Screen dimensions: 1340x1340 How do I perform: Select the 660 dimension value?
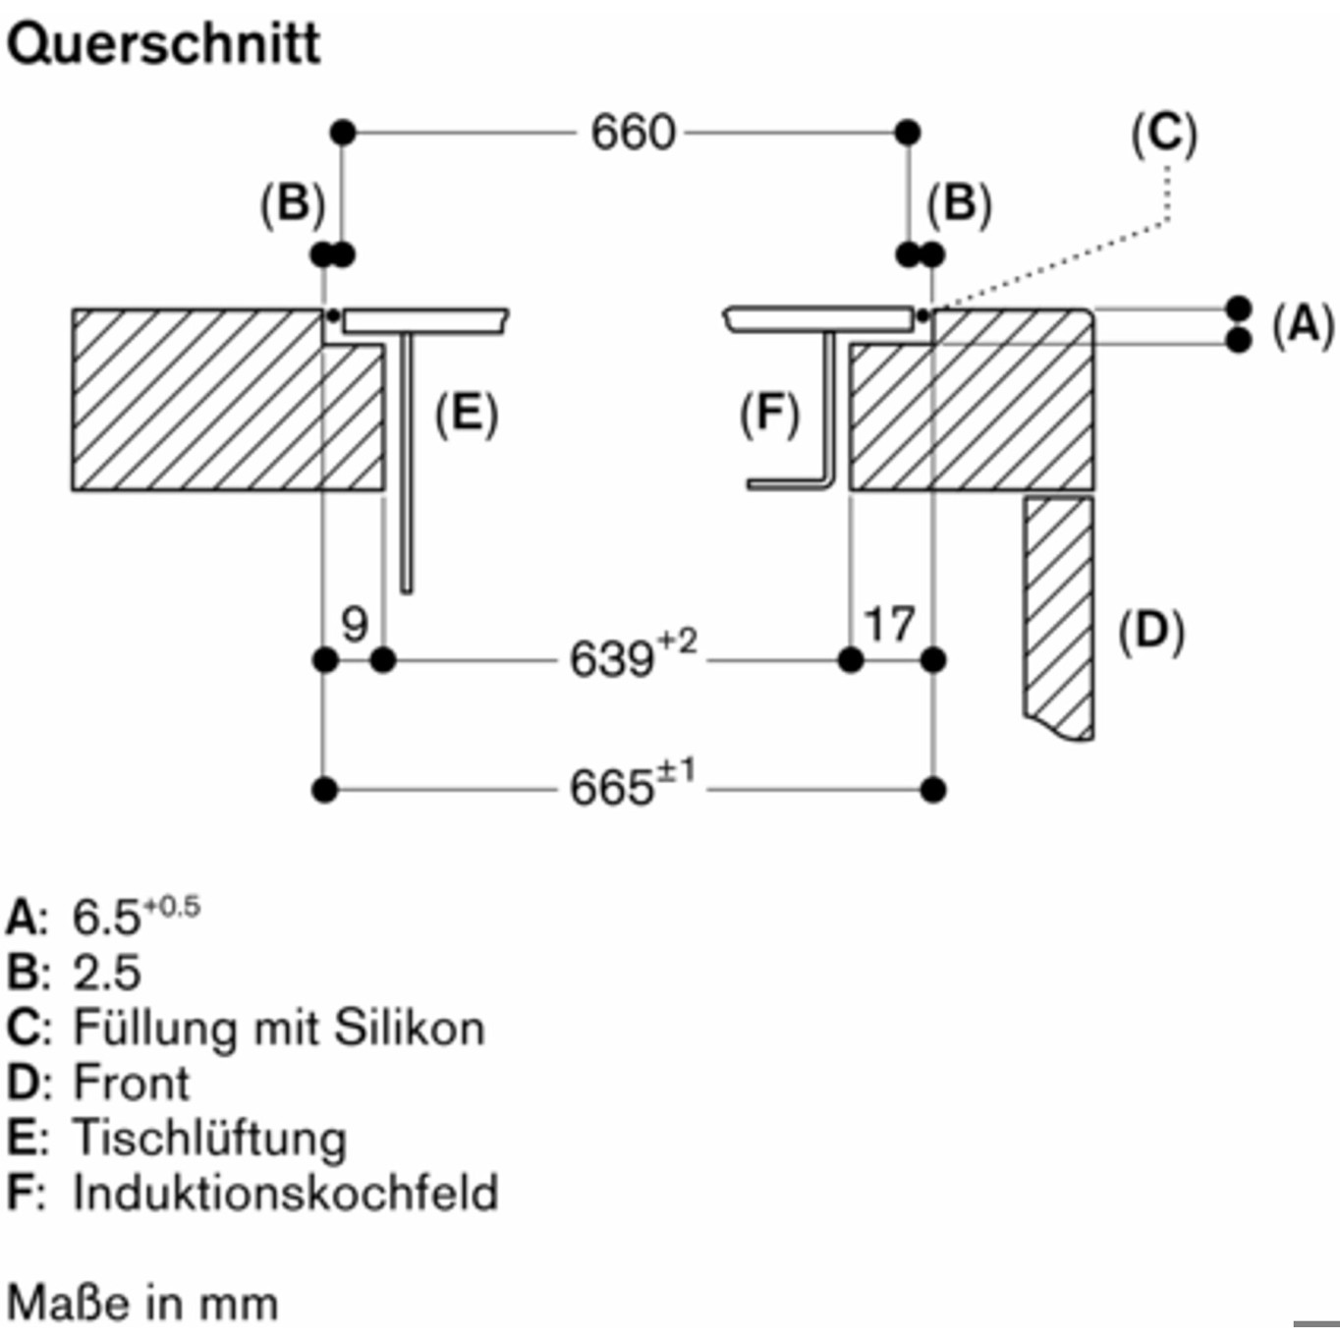(633, 132)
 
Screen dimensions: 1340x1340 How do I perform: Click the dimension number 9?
(355, 624)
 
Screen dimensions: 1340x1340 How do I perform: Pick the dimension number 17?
(889, 624)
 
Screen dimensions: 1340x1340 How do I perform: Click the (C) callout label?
(1164, 135)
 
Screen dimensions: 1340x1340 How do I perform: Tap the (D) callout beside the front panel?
(1150, 632)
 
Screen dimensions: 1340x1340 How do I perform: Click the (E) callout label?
(467, 415)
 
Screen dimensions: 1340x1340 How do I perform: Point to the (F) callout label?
(770, 415)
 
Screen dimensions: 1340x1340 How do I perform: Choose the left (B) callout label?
(293, 205)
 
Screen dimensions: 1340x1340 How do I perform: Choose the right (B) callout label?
(960, 205)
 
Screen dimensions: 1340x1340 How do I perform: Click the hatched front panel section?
(1058, 618)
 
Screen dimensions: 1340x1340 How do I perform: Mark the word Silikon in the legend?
(410, 1028)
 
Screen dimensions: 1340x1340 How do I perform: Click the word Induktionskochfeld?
(286, 1193)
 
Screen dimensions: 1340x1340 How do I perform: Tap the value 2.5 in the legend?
(107, 973)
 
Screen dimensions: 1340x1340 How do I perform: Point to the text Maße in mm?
(142, 1303)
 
